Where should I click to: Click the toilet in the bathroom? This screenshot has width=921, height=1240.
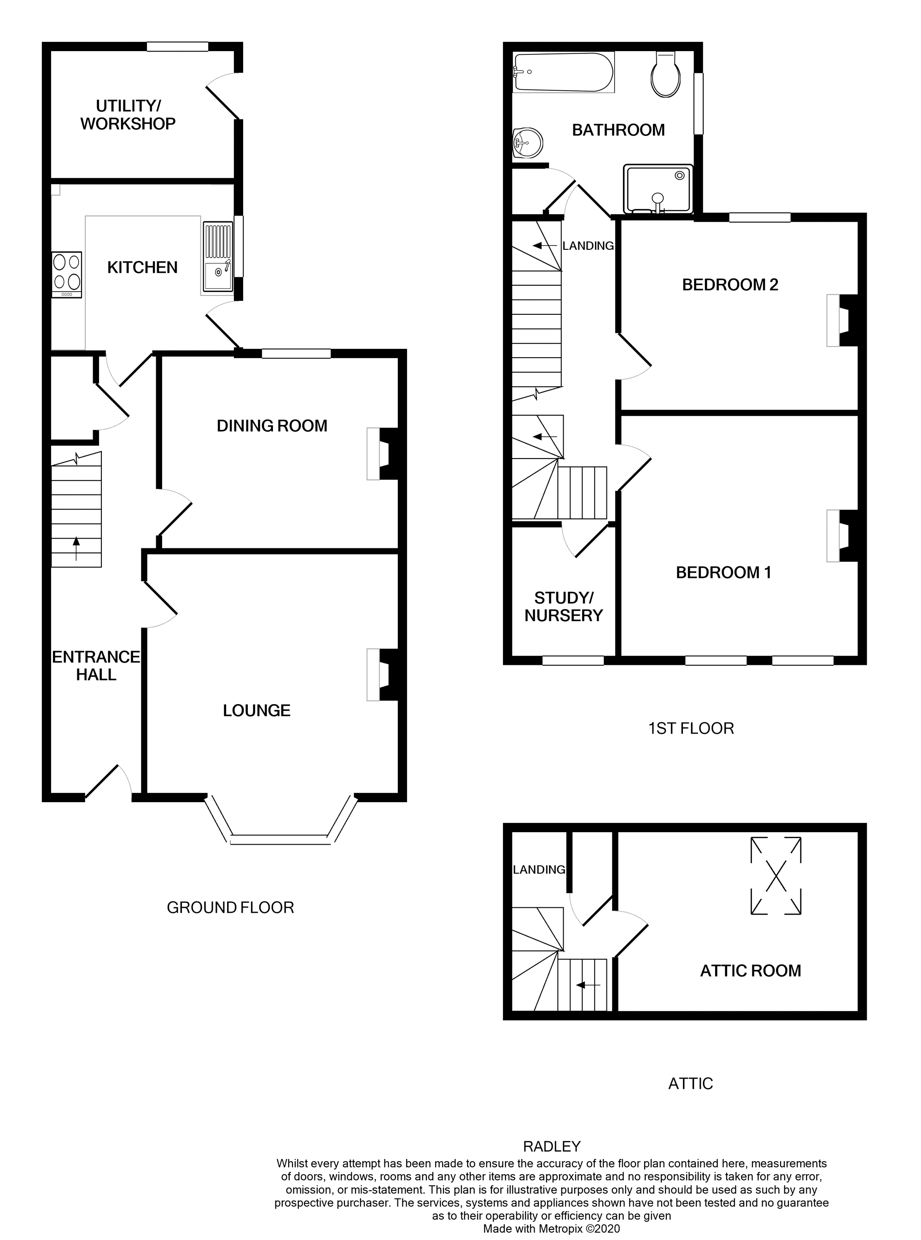click(x=666, y=77)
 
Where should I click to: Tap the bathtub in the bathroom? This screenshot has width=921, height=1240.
click(x=563, y=72)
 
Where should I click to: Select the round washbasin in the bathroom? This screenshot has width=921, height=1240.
click(x=527, y=143)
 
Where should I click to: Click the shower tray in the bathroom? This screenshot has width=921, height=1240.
click(x=659, y=189)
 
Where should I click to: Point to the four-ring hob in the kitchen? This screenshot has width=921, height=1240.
click(x=67, y=272)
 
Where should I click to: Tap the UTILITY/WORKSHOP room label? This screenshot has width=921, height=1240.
click(x=128, y=115)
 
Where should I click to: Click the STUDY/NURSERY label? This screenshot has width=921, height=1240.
click(x=564, y=606)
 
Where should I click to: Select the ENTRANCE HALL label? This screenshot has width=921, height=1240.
click(x=96, y=665)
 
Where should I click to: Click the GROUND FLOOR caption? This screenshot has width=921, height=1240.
click(x=230, y=908)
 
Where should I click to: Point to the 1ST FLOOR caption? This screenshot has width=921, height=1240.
click(x=691, y=728)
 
